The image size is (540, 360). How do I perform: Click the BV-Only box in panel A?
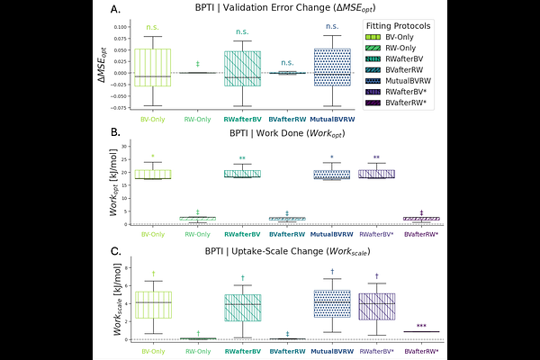click(153, 67)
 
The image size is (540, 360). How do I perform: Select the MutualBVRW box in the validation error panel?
click(332, 67)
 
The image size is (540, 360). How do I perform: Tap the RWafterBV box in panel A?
click(242, 68)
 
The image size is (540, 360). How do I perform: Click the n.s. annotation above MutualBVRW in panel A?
click(332, 28)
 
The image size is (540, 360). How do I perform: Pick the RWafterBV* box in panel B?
click(376, 174)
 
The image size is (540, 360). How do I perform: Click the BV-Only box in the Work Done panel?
click(153, 174)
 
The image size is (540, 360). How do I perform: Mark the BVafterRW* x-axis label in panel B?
click(421, 234)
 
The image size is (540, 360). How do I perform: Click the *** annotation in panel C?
click(421, 327)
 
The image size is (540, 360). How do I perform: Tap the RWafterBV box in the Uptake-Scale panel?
click(242, 307)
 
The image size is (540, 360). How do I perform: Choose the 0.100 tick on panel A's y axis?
click(119, 28)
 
